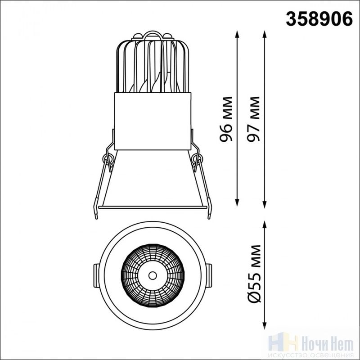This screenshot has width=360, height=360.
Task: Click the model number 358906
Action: (x=319, y=19)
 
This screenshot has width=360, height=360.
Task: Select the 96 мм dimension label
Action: (x=226, y=119)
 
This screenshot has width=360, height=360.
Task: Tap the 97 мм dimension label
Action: (x=253, y=119)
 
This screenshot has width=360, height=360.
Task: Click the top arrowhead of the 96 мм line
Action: (x=237, y=34)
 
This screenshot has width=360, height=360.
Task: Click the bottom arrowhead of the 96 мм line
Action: (x=237, y=202)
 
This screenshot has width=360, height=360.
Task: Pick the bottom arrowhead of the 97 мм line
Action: (x=265, y=204)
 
